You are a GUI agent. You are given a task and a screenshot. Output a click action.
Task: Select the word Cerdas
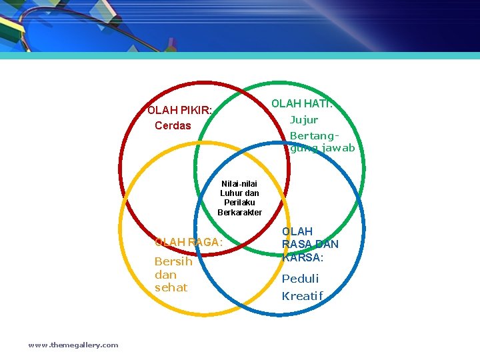[173, 125]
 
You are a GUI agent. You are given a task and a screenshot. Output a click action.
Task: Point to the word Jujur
[304, 120]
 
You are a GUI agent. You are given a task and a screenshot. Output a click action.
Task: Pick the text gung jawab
[323, 148]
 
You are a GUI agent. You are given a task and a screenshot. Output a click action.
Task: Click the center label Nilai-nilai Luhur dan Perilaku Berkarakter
[239, 198]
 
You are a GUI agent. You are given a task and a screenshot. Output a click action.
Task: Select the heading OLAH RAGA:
[188, 242]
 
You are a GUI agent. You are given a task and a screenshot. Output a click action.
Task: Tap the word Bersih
[173, 261]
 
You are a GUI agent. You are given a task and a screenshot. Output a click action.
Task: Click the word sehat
[171, 287]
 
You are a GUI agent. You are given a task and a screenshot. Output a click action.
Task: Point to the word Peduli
[300, 279]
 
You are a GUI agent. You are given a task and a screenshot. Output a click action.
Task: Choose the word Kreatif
[302, 296]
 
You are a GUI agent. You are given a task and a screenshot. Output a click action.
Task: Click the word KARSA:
[303, 257]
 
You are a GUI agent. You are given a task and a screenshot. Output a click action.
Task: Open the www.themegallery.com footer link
[73, 345]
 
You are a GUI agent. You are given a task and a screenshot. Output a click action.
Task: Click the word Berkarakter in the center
[239, 213]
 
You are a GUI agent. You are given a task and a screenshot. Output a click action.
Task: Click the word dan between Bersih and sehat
[165, 275]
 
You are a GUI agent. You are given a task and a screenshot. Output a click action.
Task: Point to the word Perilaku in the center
[239, 203]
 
